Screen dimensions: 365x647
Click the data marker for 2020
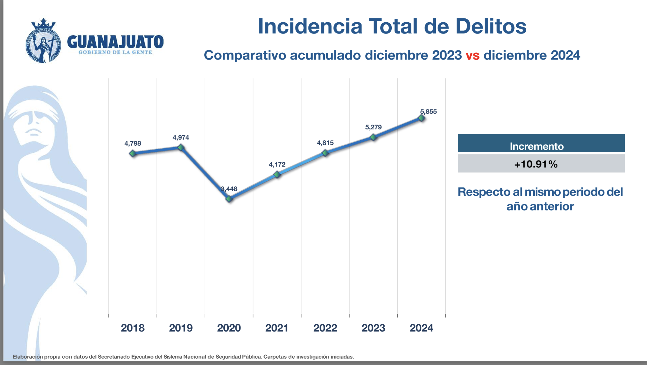[x=229, y=199]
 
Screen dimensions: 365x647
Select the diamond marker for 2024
[x=422, y=118]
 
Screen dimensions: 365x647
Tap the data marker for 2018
[x=133, y=154]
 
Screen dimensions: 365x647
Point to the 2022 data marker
[x=325, y=153]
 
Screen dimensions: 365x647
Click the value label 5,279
[x=373, y=127]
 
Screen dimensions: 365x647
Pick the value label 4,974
[x=181, y=138]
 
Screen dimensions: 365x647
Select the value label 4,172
[x=277, y=165]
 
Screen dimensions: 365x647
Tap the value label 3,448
[x=229, y=189]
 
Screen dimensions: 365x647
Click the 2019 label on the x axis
[x=181, y=328]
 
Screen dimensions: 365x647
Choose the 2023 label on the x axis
[x=373, y=328]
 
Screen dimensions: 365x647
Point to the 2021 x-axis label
[x=277, y=328]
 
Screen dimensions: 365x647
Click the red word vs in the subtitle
[x=473, y=56]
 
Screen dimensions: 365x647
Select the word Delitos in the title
[x=491, y=27]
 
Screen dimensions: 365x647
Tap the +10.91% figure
[x=536, y=164]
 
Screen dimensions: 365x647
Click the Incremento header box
[x=541, y=144]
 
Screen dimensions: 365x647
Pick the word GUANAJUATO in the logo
[x=115, y=42]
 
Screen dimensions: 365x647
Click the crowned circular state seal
[x=43, y=41]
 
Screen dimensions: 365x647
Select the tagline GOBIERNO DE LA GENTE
[x=115, y=52]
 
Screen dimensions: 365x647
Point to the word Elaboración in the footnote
[x=27, y=357]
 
